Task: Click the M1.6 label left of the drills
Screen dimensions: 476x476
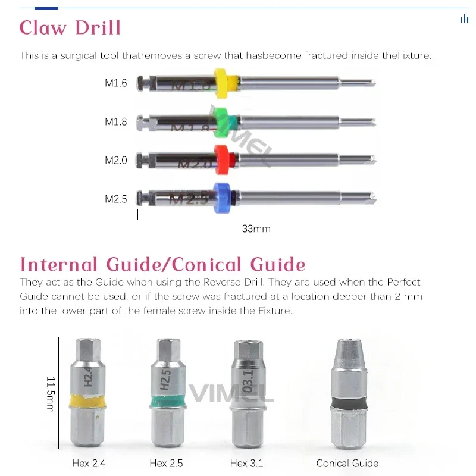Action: (x=116, y=83)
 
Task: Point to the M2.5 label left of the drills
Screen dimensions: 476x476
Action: (x=116, y=199)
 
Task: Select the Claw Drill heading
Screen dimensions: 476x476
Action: (x=70, y=27)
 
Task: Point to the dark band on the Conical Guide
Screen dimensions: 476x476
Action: (x=347, y=405)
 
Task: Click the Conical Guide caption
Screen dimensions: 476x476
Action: (x=347, y=463)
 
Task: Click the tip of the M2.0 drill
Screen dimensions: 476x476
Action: (x=372, y=160)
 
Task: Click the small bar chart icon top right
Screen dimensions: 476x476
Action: (x=464, y=19)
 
